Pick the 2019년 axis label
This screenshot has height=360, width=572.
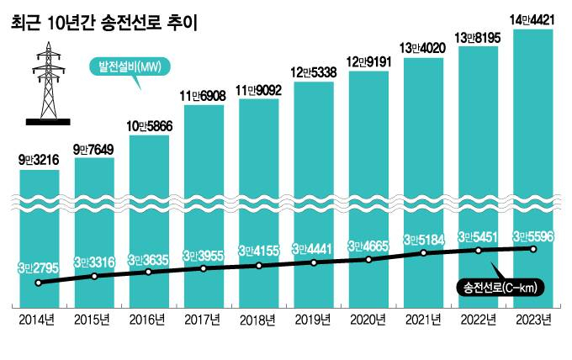314,320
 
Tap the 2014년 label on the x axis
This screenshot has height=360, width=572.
39,320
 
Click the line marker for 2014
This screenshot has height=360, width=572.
39,283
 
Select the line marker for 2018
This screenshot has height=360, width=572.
259,266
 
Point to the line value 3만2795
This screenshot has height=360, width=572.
39,268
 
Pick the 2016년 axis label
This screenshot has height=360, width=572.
149,320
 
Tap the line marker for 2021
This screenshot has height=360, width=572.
423,252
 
